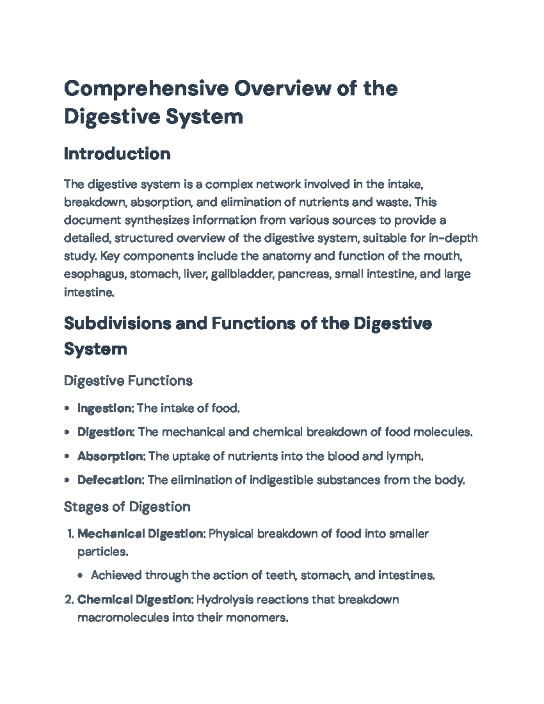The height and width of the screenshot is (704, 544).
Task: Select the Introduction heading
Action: click(117, 154)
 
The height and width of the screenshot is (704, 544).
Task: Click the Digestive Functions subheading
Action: click(128, 380)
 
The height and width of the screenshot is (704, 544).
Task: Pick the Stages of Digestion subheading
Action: click(127, 506)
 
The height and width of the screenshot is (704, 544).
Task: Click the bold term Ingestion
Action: click(104, 408)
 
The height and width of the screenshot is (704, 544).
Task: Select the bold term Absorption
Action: click(110, 456)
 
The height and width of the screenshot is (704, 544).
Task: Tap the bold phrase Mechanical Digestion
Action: click(141, 534)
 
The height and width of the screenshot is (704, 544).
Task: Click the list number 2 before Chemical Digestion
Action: click(68, 600)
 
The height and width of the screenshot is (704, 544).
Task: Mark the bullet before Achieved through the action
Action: click(80, 576)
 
